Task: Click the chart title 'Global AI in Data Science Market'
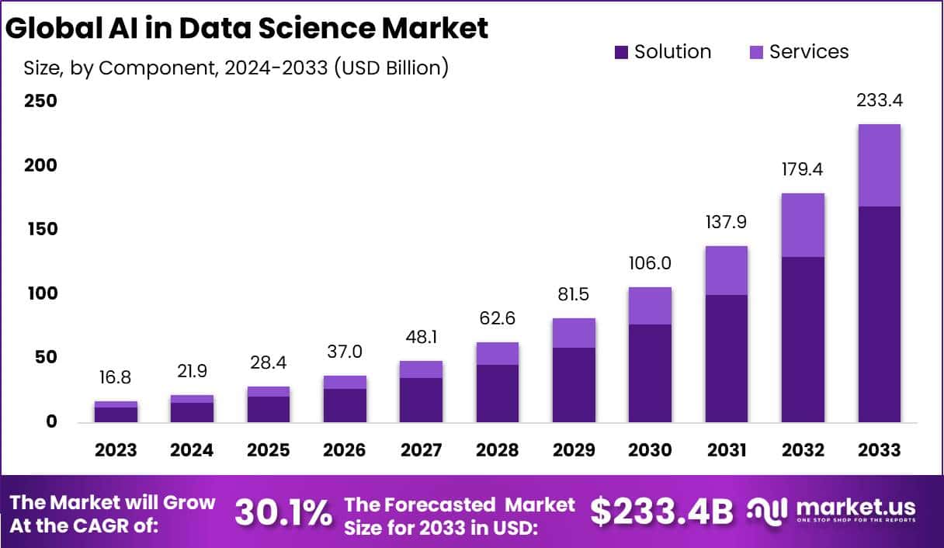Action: (x=247, y=28)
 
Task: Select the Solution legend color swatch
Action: (x=621, y=52)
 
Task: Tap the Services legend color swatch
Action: (x=756, y=52)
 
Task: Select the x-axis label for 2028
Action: (x=497, y=450)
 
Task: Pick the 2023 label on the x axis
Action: (x=116, y=450)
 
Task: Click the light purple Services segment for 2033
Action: (x=880, y=165)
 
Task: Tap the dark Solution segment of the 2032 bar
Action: (x=803, y=339)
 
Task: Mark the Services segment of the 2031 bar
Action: (x=727, y=270)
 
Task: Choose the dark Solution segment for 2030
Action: (x=650, y=373)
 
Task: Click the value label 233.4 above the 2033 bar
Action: (x=880, y=101)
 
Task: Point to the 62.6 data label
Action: (x=497, y=318)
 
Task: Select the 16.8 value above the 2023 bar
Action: (x=116, y=377)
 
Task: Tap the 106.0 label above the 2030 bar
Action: (x=650, y=263)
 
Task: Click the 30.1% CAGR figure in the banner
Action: (x=283, y=512)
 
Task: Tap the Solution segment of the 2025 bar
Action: (x=268, y=409)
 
